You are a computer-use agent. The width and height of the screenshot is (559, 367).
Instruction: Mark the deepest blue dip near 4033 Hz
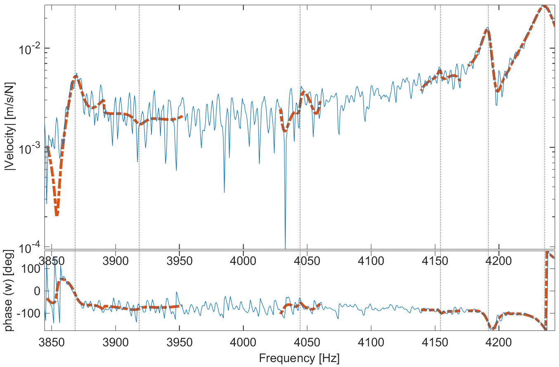click(x=285, y=244)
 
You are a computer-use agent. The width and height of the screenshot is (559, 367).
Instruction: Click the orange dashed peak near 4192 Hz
click(x=488, y=30)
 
